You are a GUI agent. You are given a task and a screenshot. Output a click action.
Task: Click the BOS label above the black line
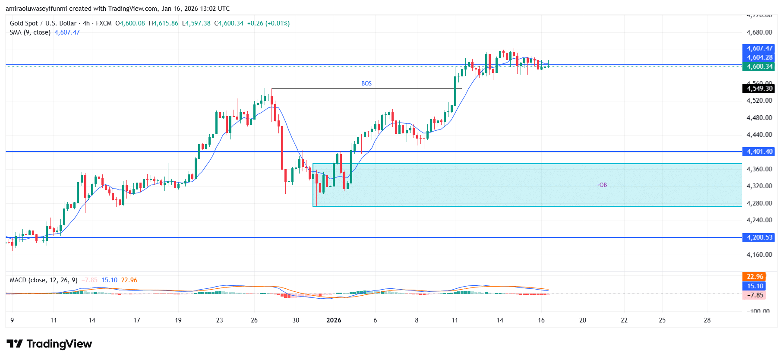(x=366, y=83)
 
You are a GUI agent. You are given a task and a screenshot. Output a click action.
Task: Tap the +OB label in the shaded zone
(x=601, y=185)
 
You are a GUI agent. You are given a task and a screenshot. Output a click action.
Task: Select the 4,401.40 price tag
(x=759, y=152)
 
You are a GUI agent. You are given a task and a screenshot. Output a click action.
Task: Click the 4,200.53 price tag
(x=759, y=237)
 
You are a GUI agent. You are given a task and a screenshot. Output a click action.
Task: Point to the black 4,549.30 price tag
(x=759, y=88)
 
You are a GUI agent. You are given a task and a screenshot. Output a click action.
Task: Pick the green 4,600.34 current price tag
(x=759, y=66)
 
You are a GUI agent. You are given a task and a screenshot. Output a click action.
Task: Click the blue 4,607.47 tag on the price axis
(x=759, y=48)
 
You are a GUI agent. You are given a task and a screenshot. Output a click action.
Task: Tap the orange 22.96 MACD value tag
(x=755, y=277)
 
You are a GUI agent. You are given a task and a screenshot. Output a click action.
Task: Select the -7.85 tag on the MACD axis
(x=755, y=295)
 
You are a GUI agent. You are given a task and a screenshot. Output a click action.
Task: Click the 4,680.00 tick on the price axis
(x=759, y=32)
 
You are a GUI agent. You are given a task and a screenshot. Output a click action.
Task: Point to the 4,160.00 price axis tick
(x=759, y=254)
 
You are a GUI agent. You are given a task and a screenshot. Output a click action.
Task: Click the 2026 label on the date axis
(x=334, y=320)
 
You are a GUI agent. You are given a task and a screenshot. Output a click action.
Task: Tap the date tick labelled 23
(x=219, y=320)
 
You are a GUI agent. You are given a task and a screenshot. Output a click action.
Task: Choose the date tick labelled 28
(x=707, y=320)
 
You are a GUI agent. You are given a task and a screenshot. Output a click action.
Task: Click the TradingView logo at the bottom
(x=49, y=344)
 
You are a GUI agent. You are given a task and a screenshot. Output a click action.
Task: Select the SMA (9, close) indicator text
(x=30, y=32)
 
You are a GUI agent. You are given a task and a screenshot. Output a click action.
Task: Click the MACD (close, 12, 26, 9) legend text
(x=44, y=280)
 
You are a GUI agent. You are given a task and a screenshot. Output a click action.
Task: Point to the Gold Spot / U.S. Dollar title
(x=43, y=23)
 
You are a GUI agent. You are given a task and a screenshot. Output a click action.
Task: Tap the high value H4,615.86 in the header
(x=163, y=23)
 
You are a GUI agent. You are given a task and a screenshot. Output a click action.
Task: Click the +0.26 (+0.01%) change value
(x=268, y=23)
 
